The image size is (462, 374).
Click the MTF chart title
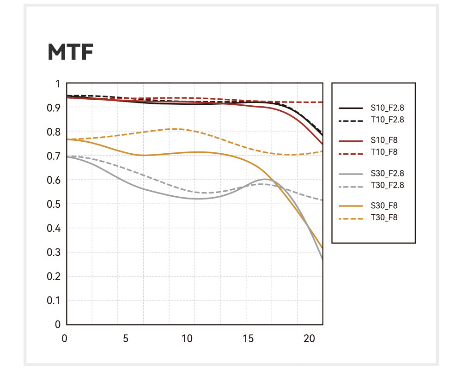(71, 53)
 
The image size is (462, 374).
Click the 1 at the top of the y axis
(58, 84)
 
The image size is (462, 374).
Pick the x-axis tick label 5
(126, 338)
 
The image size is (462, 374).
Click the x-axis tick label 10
(187, 338)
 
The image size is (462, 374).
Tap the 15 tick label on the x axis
(248, 338)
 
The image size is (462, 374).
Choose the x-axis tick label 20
(309, 338)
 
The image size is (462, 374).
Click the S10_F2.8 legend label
(390, 108)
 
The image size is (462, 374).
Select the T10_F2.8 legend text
(390, 120)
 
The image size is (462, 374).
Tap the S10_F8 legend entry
(384, 140)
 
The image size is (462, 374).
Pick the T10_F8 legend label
(384, 151)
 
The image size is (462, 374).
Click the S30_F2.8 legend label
(390, 174)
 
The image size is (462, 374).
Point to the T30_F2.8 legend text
(390, 185)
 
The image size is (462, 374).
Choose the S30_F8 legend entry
(384, 206)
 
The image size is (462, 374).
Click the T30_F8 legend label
(384, 217)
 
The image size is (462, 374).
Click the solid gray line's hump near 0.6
(264, 179)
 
